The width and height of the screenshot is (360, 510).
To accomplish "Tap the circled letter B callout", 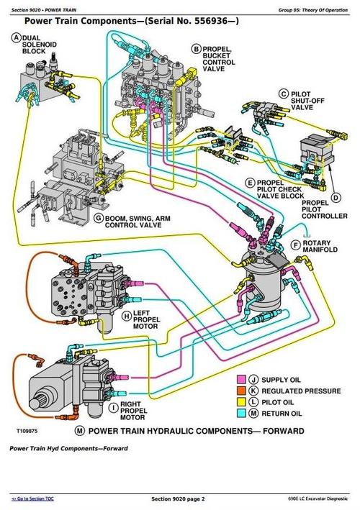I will point(196,48).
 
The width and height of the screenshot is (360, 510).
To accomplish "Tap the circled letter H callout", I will point(126,315).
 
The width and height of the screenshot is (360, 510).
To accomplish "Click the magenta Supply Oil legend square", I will point(242,378).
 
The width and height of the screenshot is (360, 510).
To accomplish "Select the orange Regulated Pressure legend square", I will point(242,391).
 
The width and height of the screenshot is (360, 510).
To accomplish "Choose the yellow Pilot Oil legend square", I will point(242,402).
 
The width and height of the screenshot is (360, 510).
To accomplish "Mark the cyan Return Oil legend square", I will point(242,414).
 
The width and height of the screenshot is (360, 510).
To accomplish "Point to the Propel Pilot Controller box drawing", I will point(314,153).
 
